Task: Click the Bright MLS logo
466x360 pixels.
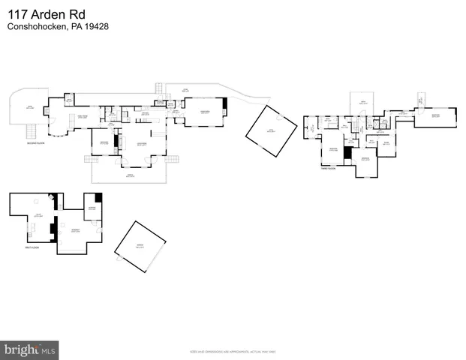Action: click(29, 349)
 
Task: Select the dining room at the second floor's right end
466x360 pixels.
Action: click(205, 112)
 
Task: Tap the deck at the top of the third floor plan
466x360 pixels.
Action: click(362, 103)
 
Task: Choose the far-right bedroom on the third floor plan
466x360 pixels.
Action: click(435, 115)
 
